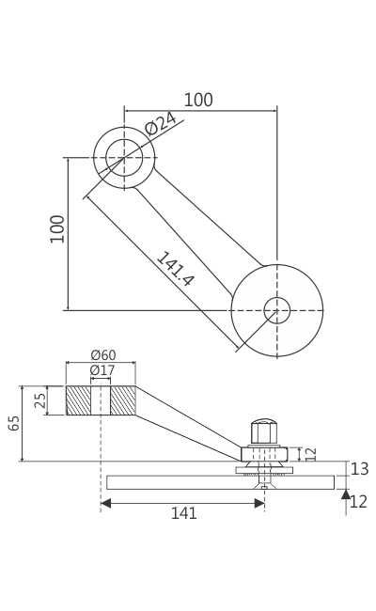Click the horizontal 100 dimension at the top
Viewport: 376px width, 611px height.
[x=198, y=100]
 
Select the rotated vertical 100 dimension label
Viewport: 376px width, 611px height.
[x=57, y=228]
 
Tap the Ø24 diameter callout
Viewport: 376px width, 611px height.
[x=161, y=123]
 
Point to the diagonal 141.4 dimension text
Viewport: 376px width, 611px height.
[x=175, y=269]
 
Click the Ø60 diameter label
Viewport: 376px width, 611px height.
[x=102, y=355]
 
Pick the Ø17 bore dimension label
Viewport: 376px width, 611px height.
[x=102, y=370]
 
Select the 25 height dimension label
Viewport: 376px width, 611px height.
[x=40, y=400]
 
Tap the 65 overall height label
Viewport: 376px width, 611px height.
[x=14, y=423]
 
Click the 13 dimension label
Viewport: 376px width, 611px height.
[x=359, y=469]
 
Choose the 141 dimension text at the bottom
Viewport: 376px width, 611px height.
[x=183, y=513]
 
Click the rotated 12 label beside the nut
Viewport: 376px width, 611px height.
[x=311, y=454]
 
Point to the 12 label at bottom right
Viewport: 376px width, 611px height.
[x=359, y=502]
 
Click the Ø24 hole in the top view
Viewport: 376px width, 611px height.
[x=124, y=157]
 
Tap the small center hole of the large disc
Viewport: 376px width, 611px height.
[x=277, y=310]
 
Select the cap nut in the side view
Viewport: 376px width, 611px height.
[x=264, y=431]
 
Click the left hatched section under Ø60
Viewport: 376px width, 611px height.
[x=78, y=400]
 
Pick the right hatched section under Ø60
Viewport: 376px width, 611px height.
[x=123, y=400]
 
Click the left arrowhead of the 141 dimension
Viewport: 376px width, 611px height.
[x=105, y=503]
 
